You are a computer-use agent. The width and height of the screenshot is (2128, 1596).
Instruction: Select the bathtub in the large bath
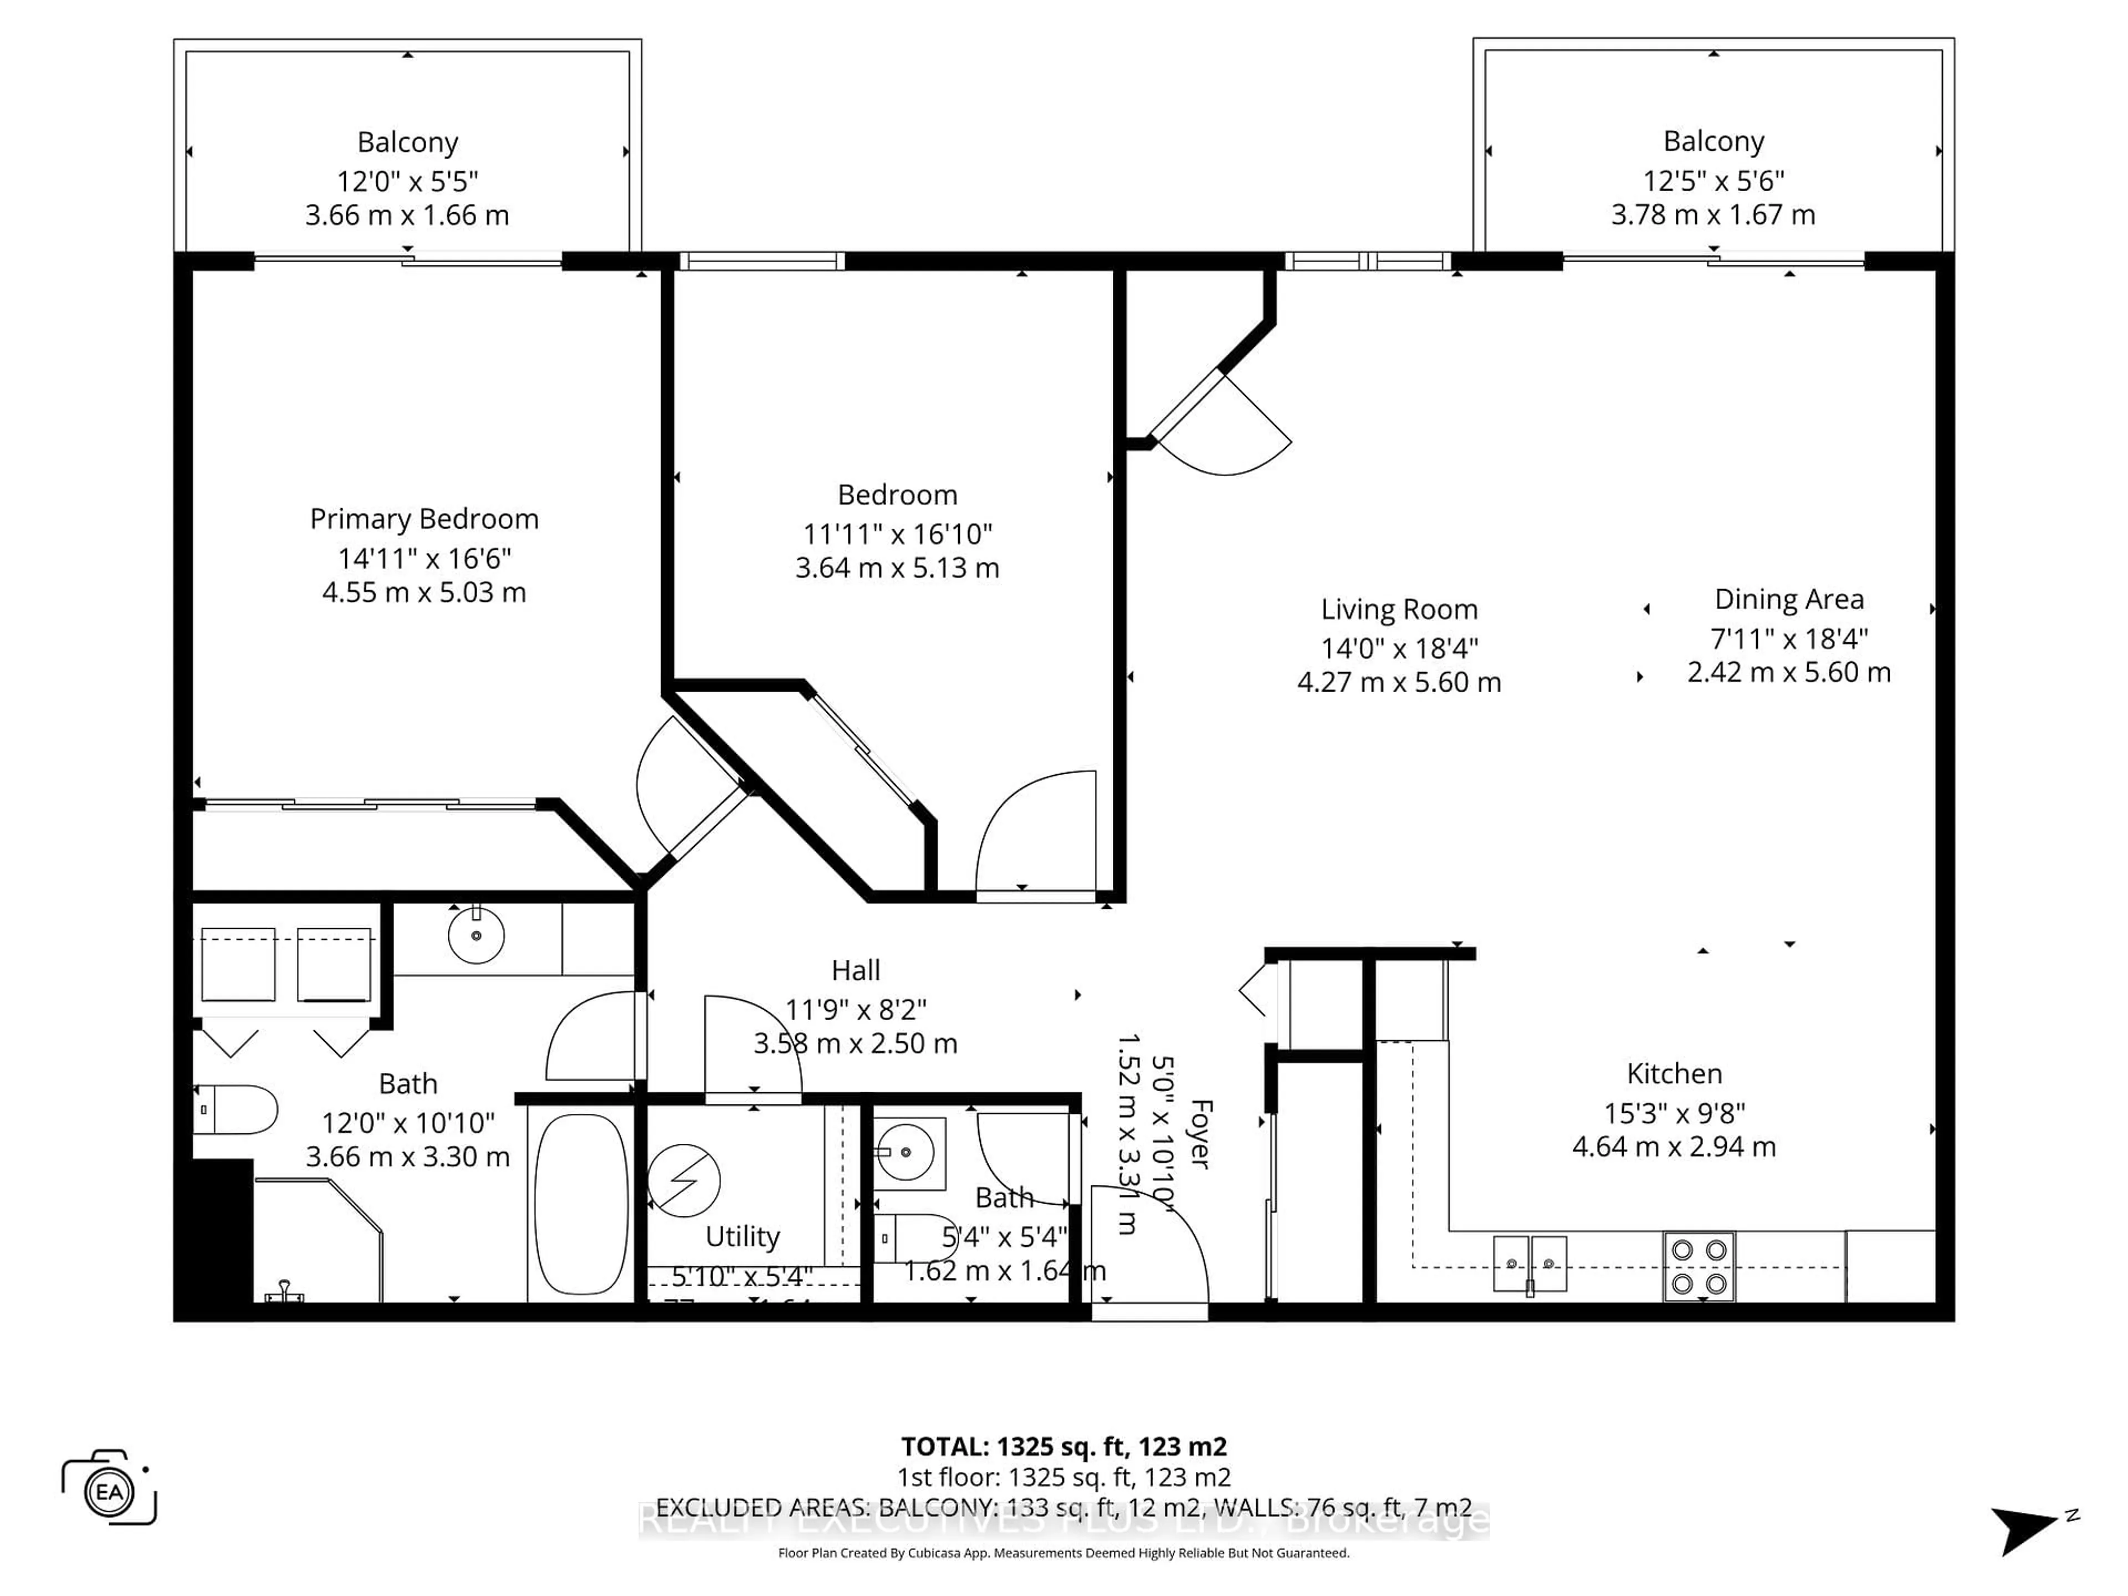tap(580, 1204)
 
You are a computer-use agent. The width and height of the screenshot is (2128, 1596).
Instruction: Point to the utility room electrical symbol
tap(683, 1179)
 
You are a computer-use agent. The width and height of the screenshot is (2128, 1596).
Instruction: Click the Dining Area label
tap(1788, 600)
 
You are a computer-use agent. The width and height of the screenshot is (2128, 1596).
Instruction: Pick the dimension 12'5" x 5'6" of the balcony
tap(1713, 180)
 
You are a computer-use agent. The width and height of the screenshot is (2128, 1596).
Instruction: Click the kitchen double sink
tap(1529, 1263)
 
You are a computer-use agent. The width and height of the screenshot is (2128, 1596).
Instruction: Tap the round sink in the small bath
tap(906, 1150)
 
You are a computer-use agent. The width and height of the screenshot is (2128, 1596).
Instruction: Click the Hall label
tap(855, 970)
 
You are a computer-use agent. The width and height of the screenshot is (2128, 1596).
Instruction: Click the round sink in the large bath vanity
tap(476, 934)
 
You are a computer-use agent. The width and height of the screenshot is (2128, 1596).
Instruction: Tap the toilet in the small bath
tap(909, 1238)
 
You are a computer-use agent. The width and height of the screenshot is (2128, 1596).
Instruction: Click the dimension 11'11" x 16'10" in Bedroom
tap(897, 533)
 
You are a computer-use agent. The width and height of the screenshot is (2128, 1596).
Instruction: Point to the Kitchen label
tap(1674, 1073)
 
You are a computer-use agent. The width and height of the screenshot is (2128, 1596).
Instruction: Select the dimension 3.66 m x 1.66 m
tap(407, 216)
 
